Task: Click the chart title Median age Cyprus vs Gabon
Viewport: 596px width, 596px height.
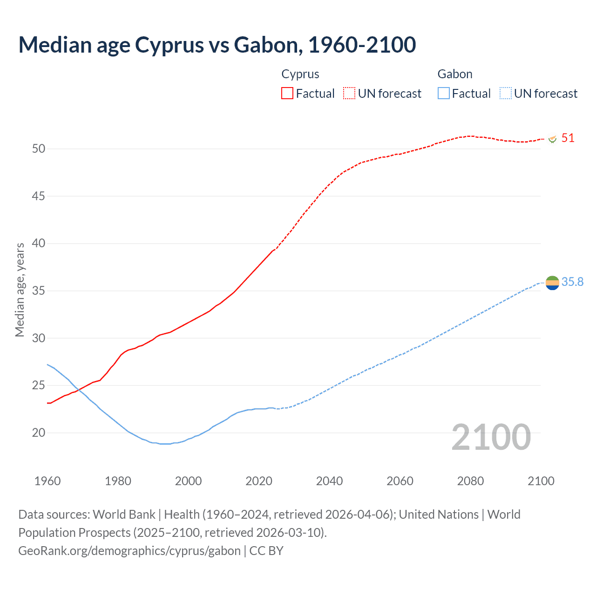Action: click(x=217, y=45)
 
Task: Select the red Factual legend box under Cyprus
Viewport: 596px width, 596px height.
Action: click(x=287, y=94)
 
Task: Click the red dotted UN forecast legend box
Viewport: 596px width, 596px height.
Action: click(x=349, y=94)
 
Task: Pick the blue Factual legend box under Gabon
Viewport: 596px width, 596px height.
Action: click(x=443, y=94)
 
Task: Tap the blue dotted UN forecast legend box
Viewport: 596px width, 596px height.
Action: click(x=505, y=94)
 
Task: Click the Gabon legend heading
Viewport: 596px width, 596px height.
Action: click(x=454, y=74)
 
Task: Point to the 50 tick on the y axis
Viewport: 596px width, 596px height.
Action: click(x=39, y=149)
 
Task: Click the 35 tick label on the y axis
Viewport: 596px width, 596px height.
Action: click(x=39, y=291)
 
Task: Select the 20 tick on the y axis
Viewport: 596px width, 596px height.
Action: click(x=39, y=433)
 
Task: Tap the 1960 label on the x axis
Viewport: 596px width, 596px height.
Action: click(x=47, y=481)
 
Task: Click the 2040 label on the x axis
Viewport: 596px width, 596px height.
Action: click(x=329, y=481)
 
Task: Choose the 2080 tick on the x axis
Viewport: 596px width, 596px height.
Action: click(x=470, y=481)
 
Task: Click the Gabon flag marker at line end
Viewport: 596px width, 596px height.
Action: click(x=552, y=283)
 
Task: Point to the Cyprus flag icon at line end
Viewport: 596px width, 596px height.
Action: click(x=553, y=139)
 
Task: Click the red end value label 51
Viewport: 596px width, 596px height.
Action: click(x=568, y=138)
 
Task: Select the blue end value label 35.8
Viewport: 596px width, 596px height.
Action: click(x=572, y=282)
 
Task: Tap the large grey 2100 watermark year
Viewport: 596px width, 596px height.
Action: click(x=491, y=437)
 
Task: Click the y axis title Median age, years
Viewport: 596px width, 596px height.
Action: click(x=20, y=290)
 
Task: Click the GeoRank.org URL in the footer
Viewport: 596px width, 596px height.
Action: click(x=129, y=551)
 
